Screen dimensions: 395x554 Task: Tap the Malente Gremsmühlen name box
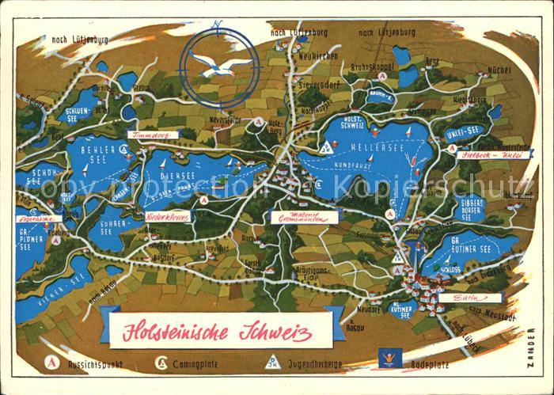click(304, 217)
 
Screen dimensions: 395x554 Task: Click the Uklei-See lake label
click(462, 131)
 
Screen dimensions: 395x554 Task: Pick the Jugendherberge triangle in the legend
click(272, 362)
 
